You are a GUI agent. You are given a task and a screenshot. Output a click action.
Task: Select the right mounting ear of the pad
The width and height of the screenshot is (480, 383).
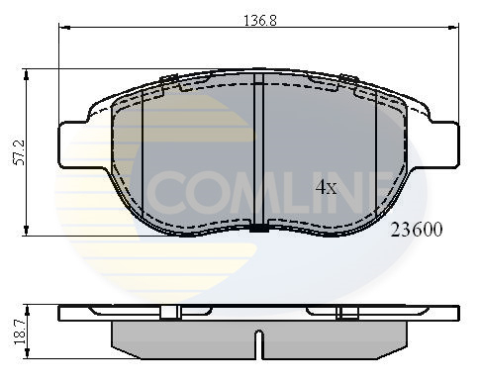(442, 140)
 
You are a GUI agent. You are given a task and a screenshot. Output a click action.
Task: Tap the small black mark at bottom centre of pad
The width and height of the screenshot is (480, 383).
(259, 230)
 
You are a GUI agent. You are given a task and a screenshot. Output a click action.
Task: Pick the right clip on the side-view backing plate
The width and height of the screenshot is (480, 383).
(347, 314)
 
